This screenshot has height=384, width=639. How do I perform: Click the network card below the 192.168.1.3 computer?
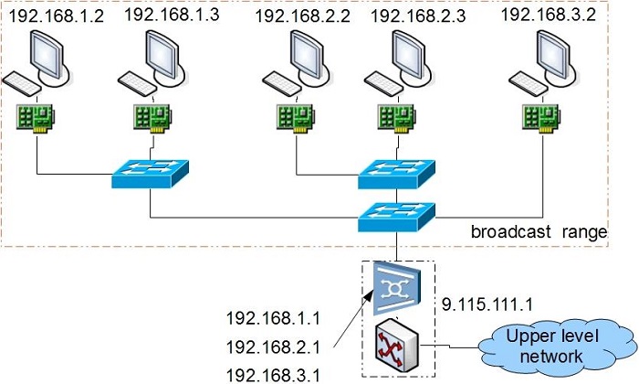[151, 117]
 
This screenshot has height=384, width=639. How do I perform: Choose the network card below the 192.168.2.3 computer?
[397, 117]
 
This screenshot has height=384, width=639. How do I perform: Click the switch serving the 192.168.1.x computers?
[150, 175]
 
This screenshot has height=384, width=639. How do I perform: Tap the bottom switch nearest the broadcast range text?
[396, 216]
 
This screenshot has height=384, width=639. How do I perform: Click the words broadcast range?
[539, 233]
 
